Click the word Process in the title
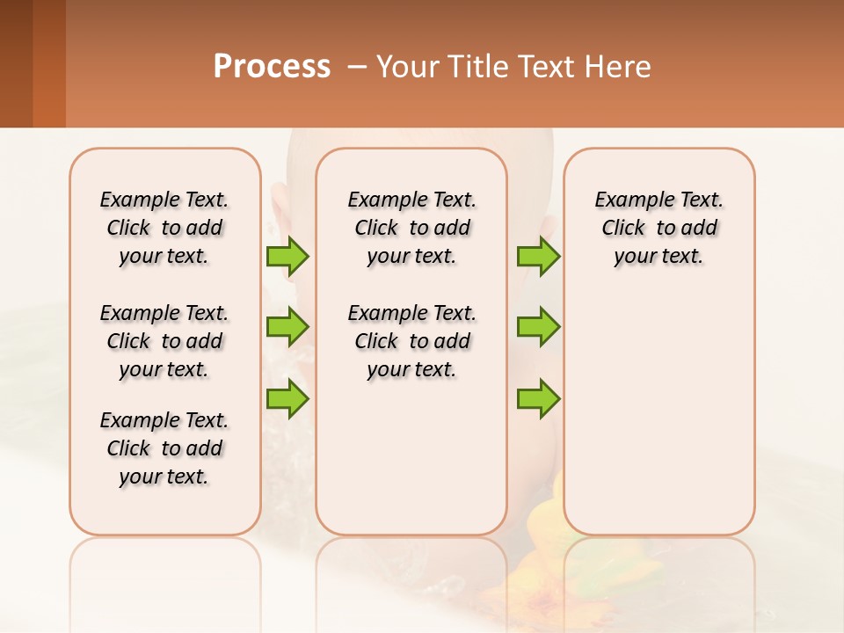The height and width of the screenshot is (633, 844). [272, 67]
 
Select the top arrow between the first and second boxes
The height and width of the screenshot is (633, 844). [287, 257]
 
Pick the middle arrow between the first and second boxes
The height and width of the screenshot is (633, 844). [287, 327]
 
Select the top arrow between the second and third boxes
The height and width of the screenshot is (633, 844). [538, 257]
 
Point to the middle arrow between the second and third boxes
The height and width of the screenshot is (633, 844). [538, 327]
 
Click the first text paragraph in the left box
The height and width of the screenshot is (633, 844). [164, 228]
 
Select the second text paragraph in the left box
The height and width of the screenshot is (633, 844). [164, 341]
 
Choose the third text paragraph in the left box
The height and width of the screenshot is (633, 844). [164, 448]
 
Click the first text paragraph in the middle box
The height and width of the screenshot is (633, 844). [411, 228]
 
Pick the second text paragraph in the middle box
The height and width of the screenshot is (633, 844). [411, 341]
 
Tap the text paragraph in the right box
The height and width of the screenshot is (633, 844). [658, 228]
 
